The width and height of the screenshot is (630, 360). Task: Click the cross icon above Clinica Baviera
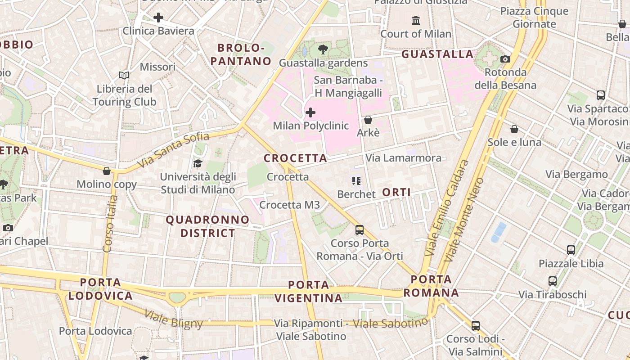pos(158,18)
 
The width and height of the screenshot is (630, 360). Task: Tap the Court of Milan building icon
pos(416,21)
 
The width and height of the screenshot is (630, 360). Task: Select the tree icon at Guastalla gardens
pos(323,49)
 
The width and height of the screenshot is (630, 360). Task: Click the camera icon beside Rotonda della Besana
pos(505,59)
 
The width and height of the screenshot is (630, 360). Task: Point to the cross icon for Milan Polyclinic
pos(310,112)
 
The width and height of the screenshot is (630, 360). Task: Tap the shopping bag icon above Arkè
pos(368,120)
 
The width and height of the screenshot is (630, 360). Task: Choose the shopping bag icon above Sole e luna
pos(514,129)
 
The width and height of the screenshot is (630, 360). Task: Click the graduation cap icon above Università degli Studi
pos(198,163)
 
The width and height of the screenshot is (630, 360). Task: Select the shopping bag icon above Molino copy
pos(107,171)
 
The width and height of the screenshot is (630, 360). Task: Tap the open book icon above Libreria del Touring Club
pos(124,75)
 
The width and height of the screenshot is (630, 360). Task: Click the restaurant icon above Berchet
pos(356,181)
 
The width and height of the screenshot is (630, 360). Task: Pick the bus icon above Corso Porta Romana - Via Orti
pos(360,229)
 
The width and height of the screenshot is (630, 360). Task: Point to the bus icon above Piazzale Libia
pos(571,250)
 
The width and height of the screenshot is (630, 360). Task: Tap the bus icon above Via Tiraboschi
pos(553,281)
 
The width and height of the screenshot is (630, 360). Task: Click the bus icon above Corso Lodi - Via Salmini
pos(476,325)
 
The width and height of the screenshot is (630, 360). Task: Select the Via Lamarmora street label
pos(403,158)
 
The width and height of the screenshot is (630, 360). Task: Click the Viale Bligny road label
pos(174,318)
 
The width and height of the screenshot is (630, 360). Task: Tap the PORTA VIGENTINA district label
pos(308,291)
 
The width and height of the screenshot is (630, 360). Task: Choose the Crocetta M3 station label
pos(289,205)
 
